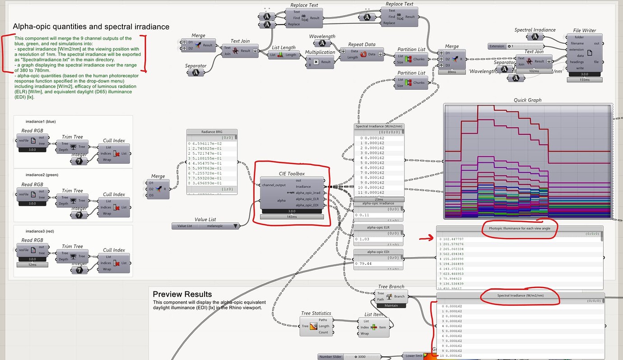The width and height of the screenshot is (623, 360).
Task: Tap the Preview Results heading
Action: pos(182,294)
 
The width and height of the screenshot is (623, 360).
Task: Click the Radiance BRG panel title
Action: pos(212,132)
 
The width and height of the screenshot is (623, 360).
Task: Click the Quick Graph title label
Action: pos(527,100)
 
